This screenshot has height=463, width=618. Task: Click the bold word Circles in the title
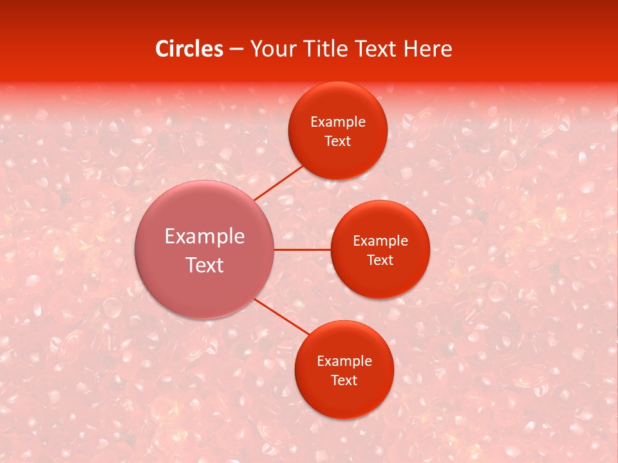click(189, 49)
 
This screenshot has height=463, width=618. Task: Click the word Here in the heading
click(427, 49)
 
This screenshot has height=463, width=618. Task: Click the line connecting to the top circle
click(278, 182)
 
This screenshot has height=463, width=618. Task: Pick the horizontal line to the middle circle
click(303, 250)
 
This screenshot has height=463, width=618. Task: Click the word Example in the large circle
click(205, 237)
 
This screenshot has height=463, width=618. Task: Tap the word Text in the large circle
click(205, 265)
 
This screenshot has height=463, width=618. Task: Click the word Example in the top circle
click(338, 122)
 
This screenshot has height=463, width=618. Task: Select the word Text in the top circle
click(338, 141)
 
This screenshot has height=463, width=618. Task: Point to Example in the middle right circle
click(380, 241)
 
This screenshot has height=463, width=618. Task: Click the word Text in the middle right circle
click(380, 260)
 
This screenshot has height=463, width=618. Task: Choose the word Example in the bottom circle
click(344, 361)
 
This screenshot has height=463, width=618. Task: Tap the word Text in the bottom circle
click(344, 381)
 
